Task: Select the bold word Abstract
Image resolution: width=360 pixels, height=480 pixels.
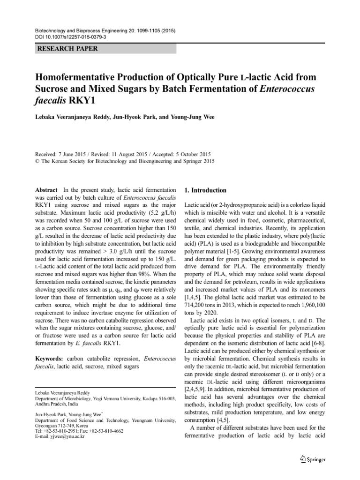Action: (x=46, y=191)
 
